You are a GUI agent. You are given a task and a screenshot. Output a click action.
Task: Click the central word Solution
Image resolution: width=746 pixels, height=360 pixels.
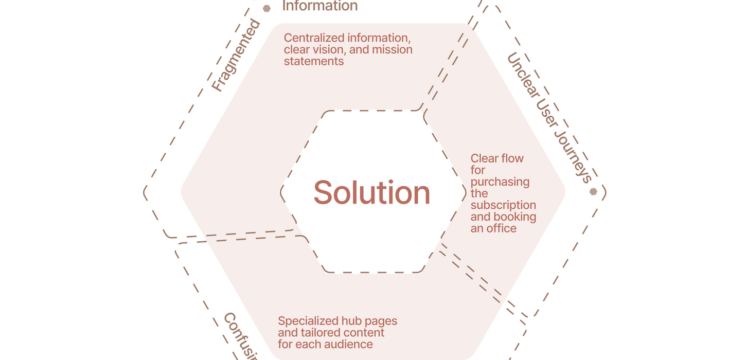point(371,193)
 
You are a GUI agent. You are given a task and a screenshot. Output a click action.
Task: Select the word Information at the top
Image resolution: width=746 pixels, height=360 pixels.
point(319,6)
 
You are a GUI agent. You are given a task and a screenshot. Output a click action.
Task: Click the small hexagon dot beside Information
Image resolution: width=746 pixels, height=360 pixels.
point(267,8)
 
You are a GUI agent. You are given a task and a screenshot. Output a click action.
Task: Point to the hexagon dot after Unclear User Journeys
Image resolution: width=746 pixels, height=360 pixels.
point(593,192)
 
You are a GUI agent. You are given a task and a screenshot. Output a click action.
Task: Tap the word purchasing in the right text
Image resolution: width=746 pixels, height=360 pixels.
point(500,182)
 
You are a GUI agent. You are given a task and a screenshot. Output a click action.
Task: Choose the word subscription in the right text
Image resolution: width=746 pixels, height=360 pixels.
point(503,205)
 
